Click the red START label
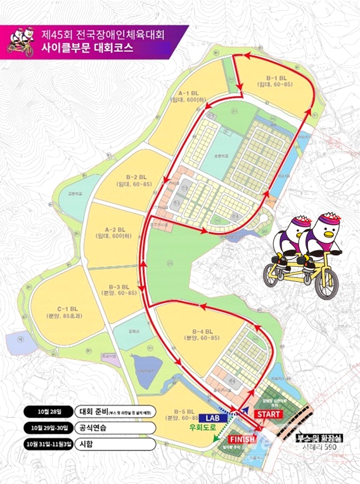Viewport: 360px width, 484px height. tap(269, 414)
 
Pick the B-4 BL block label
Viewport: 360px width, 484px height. tap(202, 333)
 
